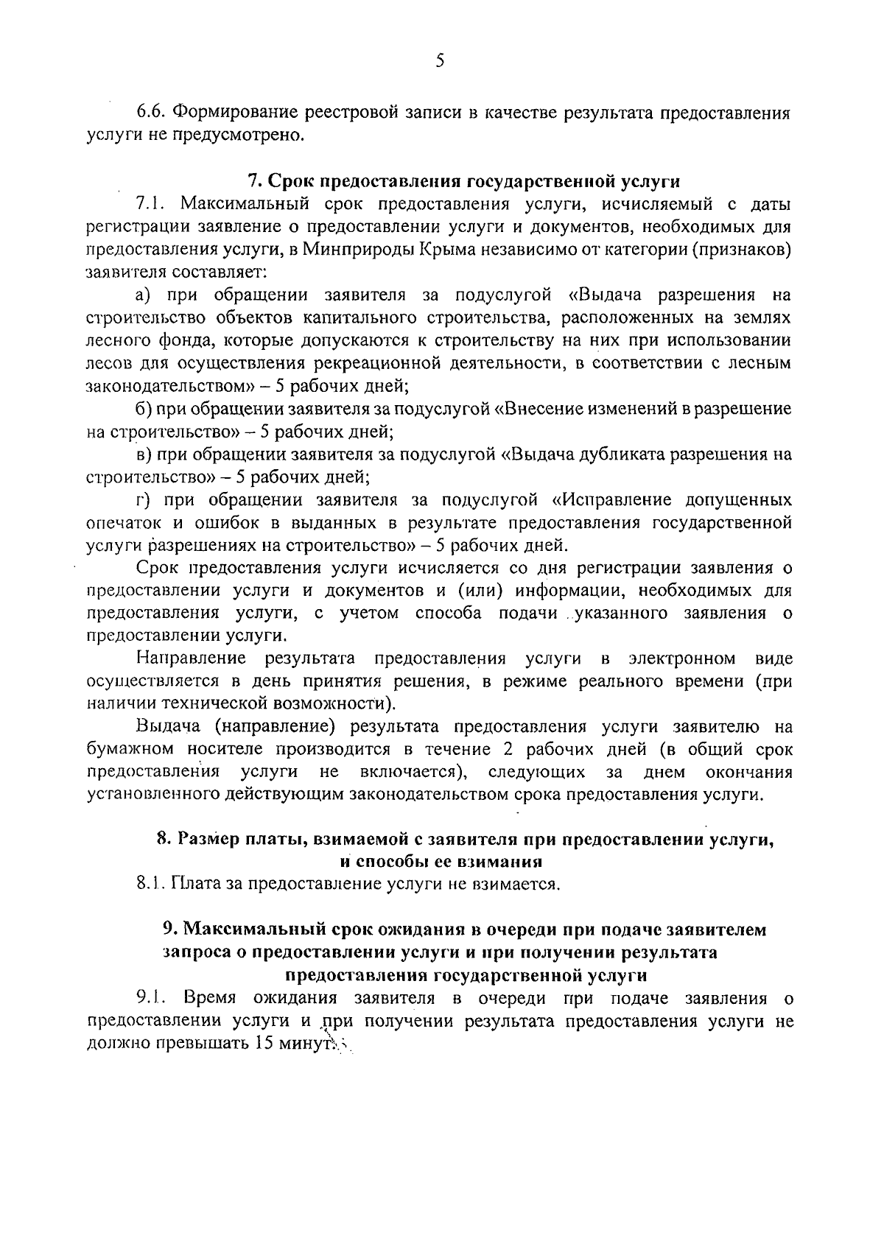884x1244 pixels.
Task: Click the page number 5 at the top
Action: pyautogui.click(x=439, y=61)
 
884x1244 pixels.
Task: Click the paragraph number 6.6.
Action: pyautogui.click(x=153, y=113)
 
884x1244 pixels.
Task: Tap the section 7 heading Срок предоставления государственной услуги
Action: pyautogui.click(x=463, y=181)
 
